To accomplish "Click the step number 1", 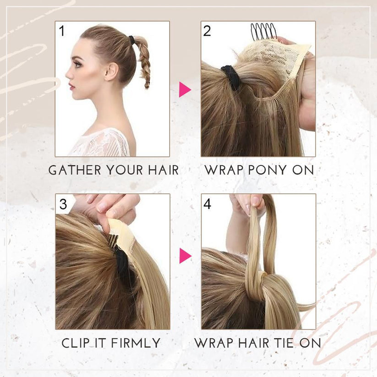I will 62,31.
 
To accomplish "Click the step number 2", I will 208,31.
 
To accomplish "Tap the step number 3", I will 63,204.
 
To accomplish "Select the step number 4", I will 208,204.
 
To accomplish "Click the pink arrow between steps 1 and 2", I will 185,89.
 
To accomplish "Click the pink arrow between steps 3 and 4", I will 185,256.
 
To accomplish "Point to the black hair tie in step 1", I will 132,40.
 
